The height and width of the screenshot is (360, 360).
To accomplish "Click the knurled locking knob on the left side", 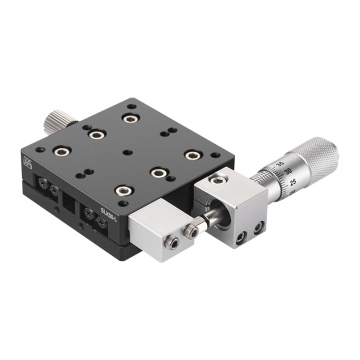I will pyautogui.click(x=55, y=121).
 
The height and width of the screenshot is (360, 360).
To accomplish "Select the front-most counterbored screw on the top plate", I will pyautogui.click(x=122, y=191).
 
